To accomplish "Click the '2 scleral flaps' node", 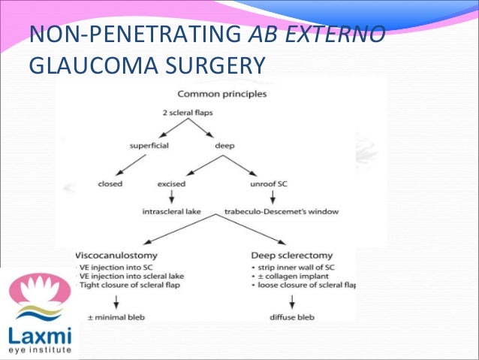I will [x=188, y=112].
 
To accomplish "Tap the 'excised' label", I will [x=171, y=183].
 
